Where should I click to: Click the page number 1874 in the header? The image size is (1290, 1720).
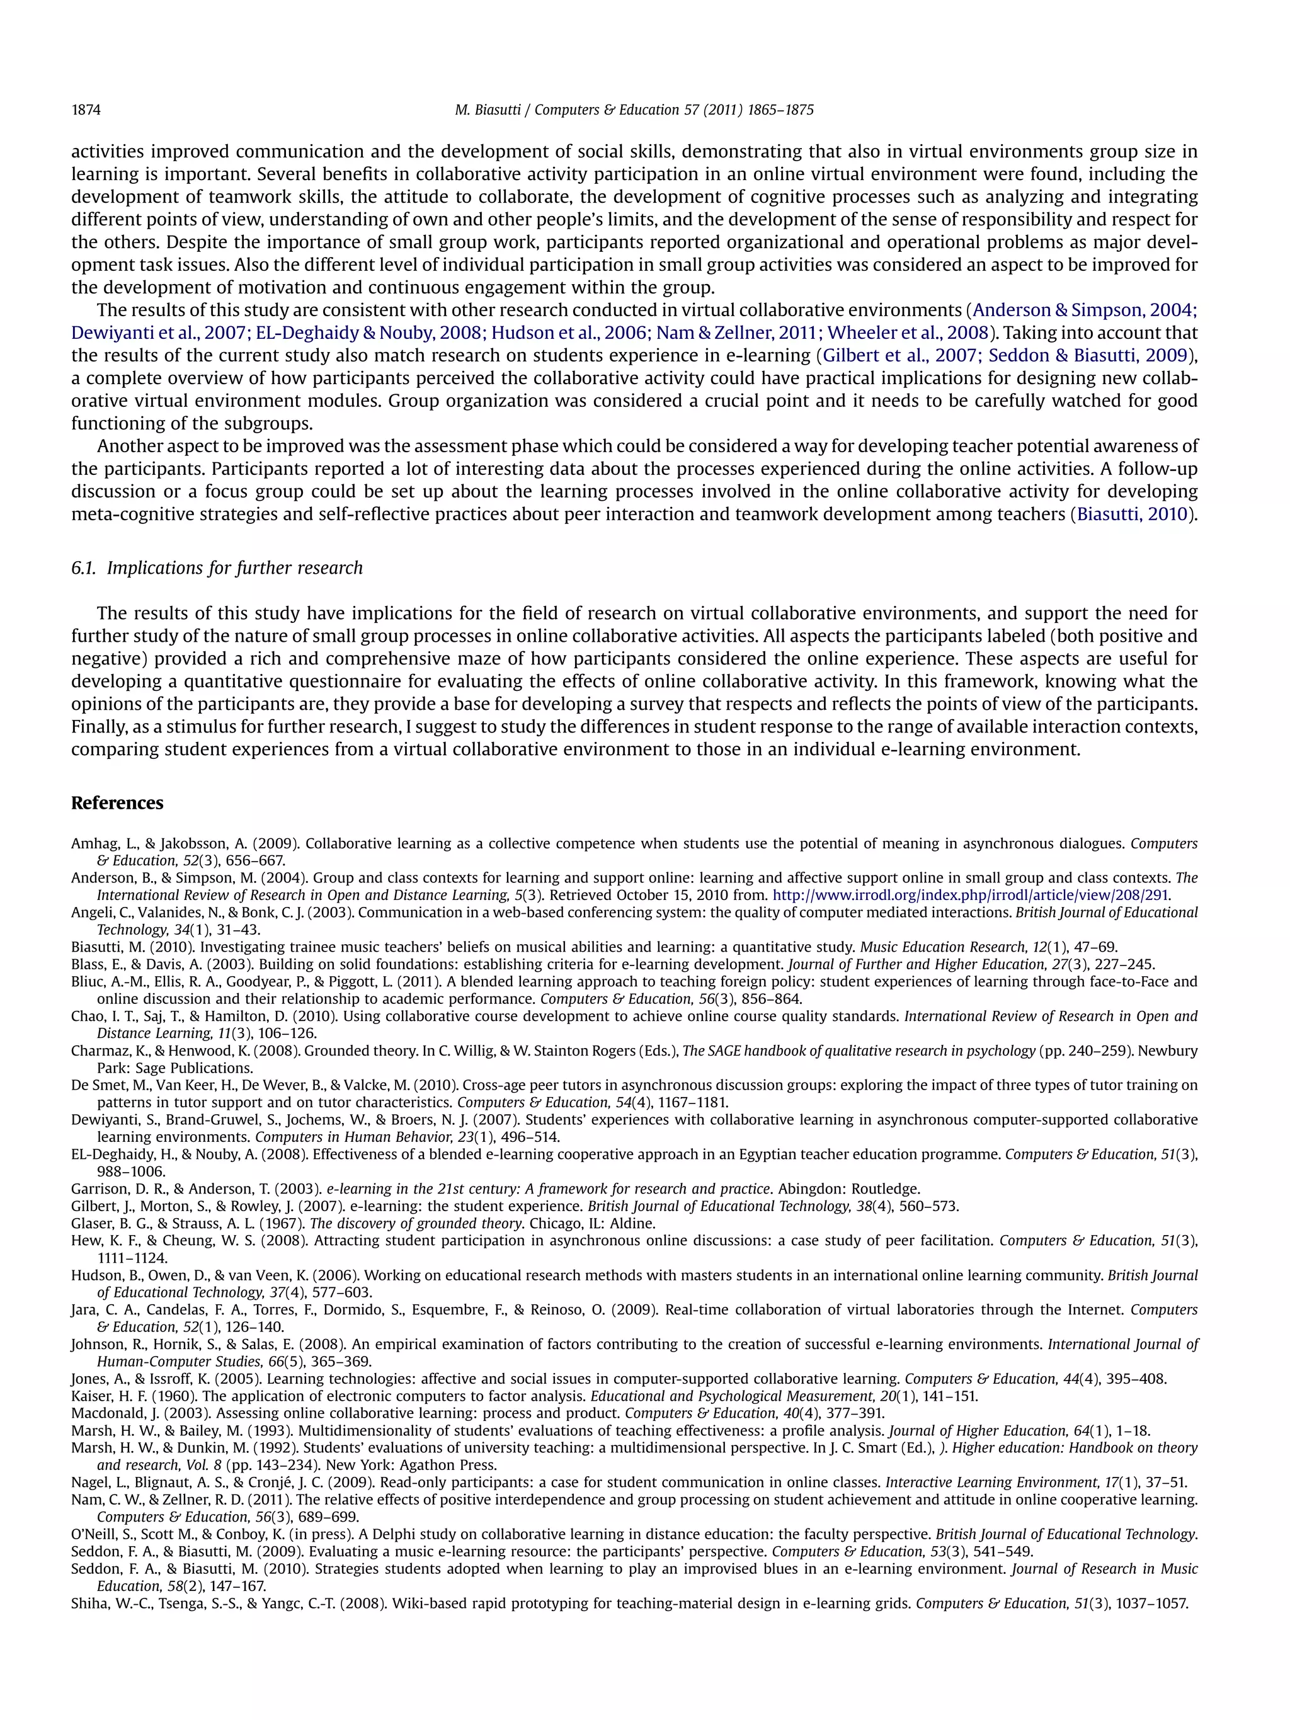tap(86, 110)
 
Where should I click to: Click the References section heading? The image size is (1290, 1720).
tap(117, 803)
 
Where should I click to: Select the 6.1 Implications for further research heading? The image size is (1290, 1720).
tap(217, 567)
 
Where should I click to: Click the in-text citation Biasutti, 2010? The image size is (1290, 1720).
tap(1132, 514)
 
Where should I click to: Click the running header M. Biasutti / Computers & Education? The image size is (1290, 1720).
tap(633, 110)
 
